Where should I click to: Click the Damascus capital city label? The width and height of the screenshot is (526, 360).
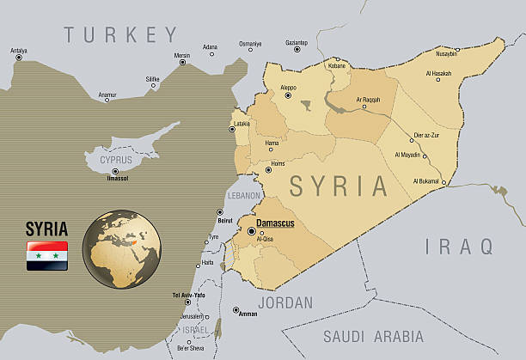[278, 223]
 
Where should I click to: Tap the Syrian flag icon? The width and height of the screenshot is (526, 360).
[47, 256]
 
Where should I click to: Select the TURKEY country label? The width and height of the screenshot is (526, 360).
[121, 35]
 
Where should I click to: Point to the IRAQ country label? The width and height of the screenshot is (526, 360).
[460, 247]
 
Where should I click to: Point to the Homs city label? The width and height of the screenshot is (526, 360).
[277, 162]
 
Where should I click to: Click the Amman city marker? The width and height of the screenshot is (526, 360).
[236, 309]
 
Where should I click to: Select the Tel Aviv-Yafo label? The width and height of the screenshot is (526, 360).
[188, 296]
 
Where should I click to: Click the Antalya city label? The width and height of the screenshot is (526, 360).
[18, 51]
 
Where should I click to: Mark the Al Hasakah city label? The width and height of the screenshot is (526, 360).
[438, 73]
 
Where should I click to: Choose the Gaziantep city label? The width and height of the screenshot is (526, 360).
[296, 42]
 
